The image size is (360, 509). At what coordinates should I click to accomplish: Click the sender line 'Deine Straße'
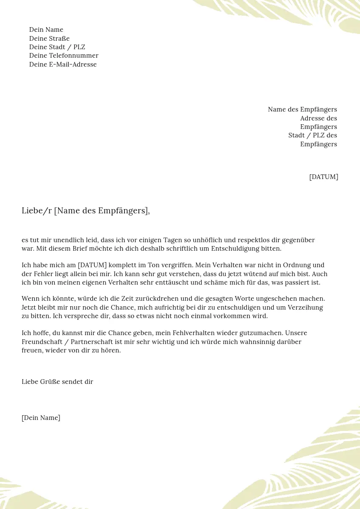click(x=49, y=39)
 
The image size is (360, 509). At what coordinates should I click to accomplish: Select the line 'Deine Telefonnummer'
click(x=64, y=56)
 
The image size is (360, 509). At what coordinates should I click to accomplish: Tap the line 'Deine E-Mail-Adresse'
click(x=63, y=64)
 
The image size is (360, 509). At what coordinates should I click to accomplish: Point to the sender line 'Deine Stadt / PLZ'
click(x=57, y=47)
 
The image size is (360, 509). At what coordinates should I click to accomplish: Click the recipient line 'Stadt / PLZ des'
click(x=312, y=135)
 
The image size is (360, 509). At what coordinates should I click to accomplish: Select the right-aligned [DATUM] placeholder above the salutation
click(x=323, y=177)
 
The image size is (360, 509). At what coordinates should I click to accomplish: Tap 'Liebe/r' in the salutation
click(x=37, y=211)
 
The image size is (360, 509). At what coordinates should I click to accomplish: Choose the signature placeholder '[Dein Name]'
click(x=41, y=418)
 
